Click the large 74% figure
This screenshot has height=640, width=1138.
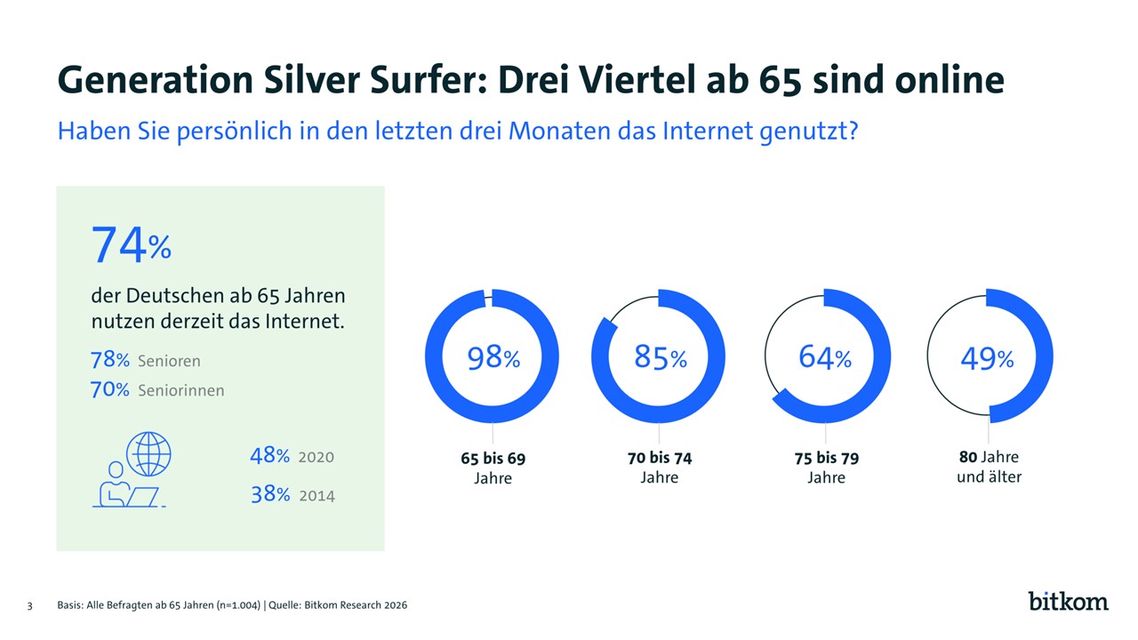pos(132,244)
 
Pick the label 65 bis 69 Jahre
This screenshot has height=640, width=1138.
pos(493,468)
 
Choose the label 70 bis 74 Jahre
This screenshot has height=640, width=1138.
pos(660,468)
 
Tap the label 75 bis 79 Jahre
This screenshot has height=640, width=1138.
pos(826,468)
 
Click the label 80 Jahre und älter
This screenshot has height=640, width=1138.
pos(989,467)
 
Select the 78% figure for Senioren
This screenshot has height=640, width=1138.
pos(109,360)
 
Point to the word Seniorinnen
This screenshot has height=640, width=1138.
pos(181,390)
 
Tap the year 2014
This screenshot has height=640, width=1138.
pos(317,495)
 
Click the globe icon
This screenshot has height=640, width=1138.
pos(148,453)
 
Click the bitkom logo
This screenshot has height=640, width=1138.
pos(1068,601)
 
